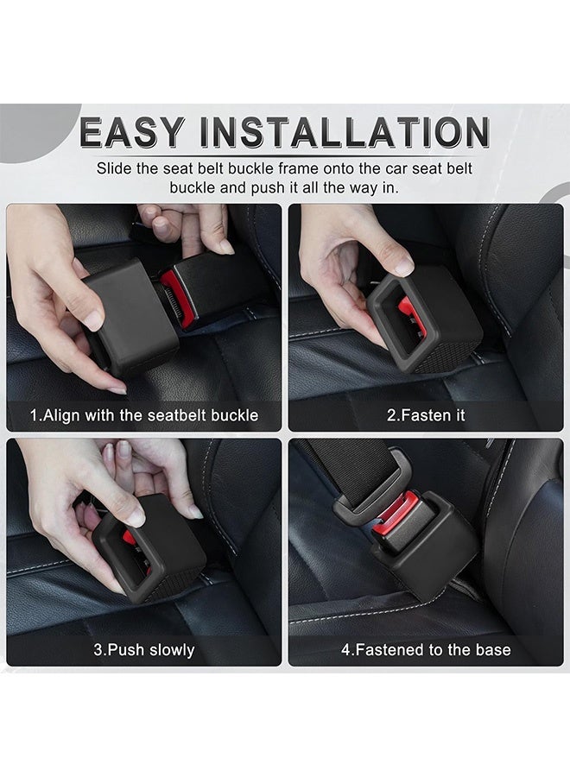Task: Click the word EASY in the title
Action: point(132,132)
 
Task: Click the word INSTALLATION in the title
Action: point(345,132)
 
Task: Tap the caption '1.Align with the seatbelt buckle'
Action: point(143,415)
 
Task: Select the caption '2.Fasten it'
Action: point(426,415)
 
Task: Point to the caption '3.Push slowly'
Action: point(143,649)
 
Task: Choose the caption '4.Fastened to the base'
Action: point(426,649)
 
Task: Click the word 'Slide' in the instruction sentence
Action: point(115,168)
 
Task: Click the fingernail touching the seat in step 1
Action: point(117,390)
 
